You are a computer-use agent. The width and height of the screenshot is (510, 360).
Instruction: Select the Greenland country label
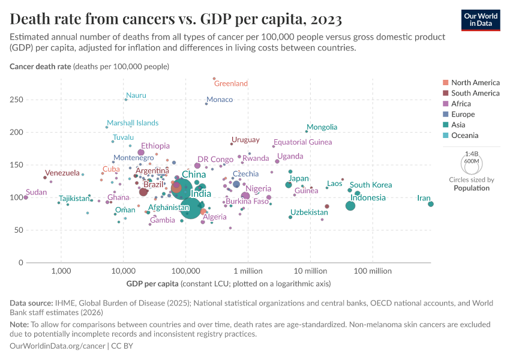[x=230, y=83]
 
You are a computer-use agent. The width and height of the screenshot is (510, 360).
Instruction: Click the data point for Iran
[x=431, y=204]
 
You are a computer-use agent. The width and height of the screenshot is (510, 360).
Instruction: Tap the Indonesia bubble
[x=350, y=206]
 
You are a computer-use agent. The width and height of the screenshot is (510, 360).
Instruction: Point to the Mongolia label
[x=322, y=127]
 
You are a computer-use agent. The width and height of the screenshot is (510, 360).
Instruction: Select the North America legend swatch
[x=445, y=83]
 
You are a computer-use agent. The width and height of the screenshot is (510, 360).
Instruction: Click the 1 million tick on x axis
[x=245, y=271]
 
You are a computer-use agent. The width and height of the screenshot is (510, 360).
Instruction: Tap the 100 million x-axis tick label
[x=373, y=271]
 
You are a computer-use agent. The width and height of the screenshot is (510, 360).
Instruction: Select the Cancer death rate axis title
[x=40, y=66]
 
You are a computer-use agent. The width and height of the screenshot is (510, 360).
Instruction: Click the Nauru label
[x=136, y=95]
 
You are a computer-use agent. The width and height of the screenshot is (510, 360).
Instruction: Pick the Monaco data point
[x=206, y=104]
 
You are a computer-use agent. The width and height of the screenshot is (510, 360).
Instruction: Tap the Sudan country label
[x=36, y=193]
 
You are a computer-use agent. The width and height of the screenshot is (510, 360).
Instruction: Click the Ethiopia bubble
[x=141, y=152]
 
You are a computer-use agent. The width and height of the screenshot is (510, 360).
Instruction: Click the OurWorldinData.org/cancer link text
[x=58, y=346]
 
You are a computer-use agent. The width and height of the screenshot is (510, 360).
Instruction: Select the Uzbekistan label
[x=309, y=212]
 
